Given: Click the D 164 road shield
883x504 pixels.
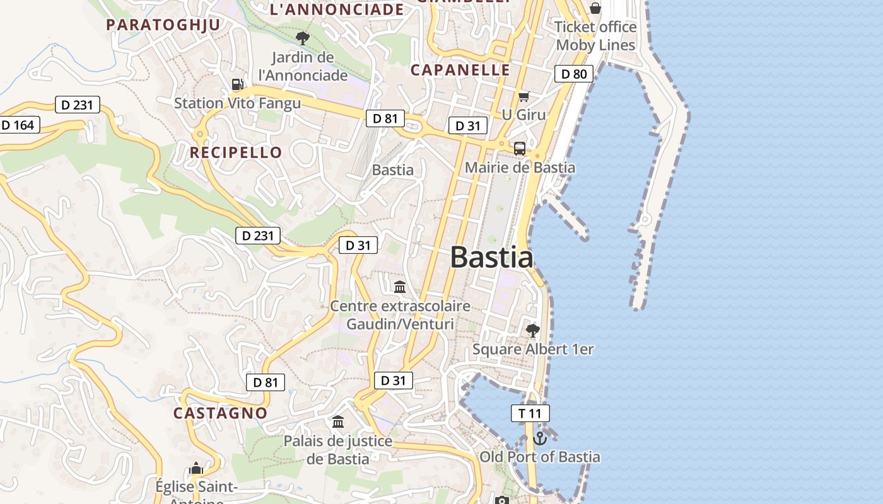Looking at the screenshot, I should [x=18, y=125].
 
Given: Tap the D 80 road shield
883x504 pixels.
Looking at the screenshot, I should [x=574, y=74].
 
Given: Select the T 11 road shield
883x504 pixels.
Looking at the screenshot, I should [x=530, y=413].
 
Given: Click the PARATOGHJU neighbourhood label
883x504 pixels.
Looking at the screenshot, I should [x=163, y=25].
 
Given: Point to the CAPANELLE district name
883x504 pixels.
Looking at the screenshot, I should [x=460, y=70].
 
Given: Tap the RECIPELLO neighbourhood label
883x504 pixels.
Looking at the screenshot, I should [x=236, y=152].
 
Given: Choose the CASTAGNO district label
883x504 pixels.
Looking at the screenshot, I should [x=220, y=413].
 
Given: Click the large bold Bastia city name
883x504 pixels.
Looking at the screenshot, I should [x=491, y=258].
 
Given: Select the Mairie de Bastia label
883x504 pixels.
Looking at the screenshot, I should [x=520, y=168].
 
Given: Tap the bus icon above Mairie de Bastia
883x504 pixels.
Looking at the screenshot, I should [x=519, y=149].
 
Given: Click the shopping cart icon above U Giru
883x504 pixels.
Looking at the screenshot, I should [x=523, y=96].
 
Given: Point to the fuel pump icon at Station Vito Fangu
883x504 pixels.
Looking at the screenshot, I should [x=237, y=84].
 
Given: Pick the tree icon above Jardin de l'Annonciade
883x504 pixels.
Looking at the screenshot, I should [x=303, y=38].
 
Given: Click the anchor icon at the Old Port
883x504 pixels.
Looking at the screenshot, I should [x=539, y=438].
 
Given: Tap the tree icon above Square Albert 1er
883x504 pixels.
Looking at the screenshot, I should [x=533, y=330].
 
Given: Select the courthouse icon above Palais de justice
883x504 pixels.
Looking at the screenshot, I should [x=338, y=421].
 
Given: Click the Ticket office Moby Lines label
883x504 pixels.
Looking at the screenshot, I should [x=595, y=36].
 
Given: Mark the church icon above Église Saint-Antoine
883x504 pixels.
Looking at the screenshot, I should [x=196, y=469].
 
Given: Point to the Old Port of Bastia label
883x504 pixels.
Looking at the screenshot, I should [x=540, y=457].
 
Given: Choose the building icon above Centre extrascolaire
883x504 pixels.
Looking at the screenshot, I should [x=400, y=287].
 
